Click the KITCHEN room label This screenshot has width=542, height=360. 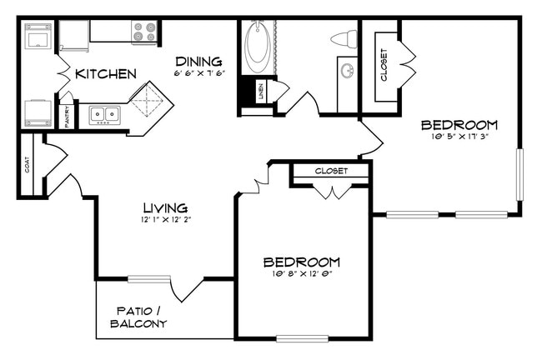[105, 74]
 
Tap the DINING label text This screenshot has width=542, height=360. [198, 61]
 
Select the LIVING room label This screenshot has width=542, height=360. [164, 207]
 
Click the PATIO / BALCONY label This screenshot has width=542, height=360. [138, 317]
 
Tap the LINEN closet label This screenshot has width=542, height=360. [260, 91]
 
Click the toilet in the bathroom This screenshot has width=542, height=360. [344, 38]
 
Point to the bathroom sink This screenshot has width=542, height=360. [347, 72]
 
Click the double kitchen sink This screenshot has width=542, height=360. [104, 114]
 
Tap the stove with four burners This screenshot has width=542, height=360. [144, 32]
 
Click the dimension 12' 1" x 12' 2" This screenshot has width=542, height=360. [164, 220]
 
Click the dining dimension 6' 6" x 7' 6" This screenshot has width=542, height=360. [198, 73]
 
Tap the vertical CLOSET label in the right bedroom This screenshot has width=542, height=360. [384, 66]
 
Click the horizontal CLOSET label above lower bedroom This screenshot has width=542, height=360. [331, 172]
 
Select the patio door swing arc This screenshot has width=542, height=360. [187, 289]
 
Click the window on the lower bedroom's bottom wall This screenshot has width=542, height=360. [302, 338]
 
